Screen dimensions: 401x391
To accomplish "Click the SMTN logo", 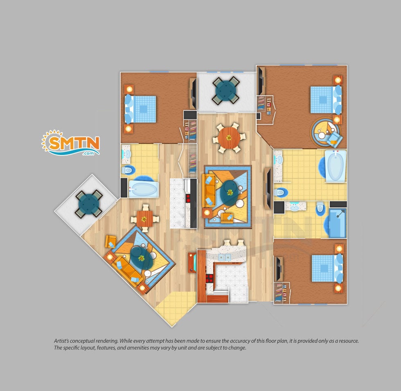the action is click(70, 143).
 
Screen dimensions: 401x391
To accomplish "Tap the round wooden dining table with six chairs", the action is click(229, 138).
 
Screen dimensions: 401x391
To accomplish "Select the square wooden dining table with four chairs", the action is click(145, 219).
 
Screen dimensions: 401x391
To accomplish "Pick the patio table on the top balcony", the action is click(226, 90).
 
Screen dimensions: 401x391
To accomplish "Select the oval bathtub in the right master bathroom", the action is click(336, 166).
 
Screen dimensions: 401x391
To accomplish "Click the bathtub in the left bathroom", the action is click(143, 189).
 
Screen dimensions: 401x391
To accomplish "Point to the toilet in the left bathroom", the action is click(128, 170).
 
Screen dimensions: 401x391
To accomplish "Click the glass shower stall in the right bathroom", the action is click(338, 223).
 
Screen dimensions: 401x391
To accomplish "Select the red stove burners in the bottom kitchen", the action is click(210, 278).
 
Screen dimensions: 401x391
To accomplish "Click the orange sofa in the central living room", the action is click(208, 191).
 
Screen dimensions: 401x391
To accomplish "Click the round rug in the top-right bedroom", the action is click(325, 133).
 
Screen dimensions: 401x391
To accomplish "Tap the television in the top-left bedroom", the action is click(193, 94).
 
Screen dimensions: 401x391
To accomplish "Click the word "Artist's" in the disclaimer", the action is click(61, 341).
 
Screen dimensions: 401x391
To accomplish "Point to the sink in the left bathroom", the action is click(126, 154).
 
